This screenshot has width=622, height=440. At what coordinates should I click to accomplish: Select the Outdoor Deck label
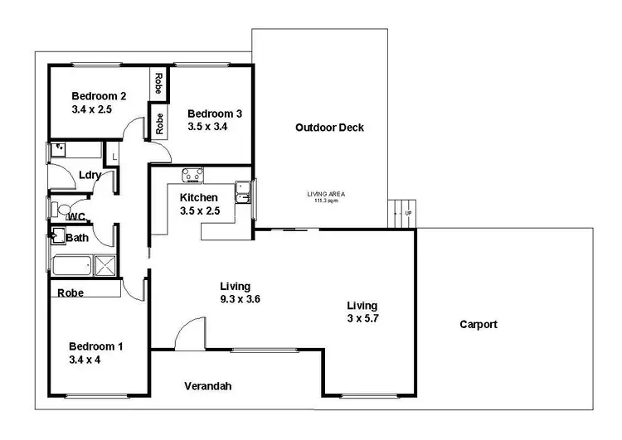329,128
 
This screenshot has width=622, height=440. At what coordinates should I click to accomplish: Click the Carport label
479,324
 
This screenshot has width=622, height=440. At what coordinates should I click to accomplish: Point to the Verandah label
207,386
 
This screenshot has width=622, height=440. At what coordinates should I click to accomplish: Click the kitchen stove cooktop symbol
192,175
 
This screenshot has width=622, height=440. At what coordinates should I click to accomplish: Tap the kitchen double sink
242,192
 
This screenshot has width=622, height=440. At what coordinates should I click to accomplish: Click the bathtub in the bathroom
73,266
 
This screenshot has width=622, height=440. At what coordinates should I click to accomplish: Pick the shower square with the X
105,265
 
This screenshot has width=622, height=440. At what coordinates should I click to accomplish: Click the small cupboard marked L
114,155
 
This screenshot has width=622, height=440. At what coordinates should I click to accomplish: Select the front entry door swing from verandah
189,333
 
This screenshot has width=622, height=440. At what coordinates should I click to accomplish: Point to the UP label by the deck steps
407,214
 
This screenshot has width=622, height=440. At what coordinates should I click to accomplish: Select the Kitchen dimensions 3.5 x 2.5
199,210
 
